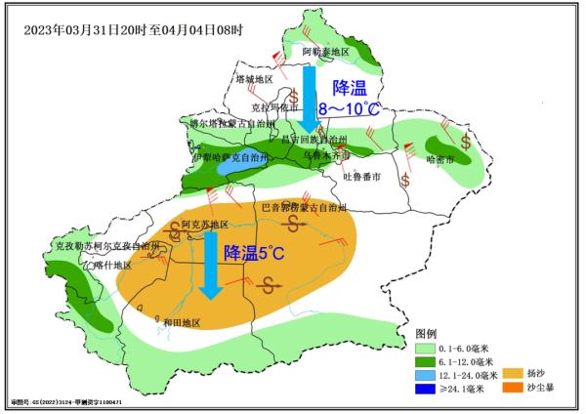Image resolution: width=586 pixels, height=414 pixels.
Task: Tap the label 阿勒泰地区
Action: click(325, 52)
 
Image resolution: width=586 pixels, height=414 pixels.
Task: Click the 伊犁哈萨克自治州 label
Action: click(230, 156)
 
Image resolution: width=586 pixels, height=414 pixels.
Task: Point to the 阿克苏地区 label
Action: click(204, 224)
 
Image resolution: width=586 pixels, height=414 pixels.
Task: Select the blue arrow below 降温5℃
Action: click(209, 267)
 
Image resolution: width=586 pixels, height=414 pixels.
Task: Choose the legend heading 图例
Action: click(428, 332)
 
